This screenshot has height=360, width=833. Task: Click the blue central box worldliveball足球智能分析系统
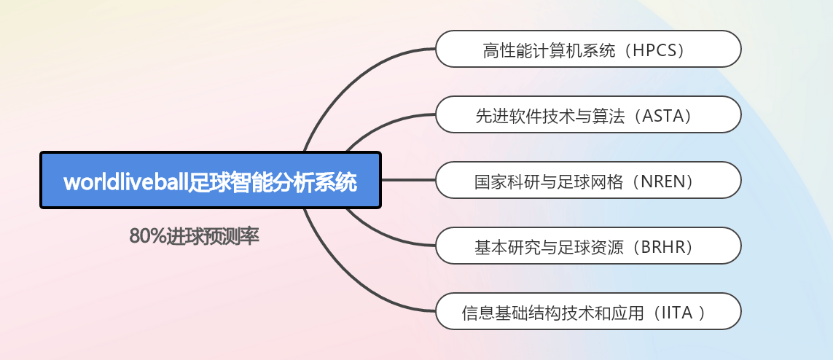(210, 180)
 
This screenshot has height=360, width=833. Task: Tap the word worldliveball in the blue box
(125, 181)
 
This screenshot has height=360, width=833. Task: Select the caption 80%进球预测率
(194, 236)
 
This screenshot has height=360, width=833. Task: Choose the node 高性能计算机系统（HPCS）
(587, 50)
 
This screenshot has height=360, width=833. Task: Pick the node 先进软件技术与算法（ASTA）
(587, 115)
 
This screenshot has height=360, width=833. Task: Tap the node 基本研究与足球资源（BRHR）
(587, 246)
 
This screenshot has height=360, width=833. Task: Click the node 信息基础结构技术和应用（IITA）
(587, 313)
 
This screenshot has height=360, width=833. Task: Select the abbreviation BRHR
(663, 247)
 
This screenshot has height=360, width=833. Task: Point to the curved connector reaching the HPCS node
(343, 87)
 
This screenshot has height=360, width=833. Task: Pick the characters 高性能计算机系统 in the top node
(543, 50)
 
